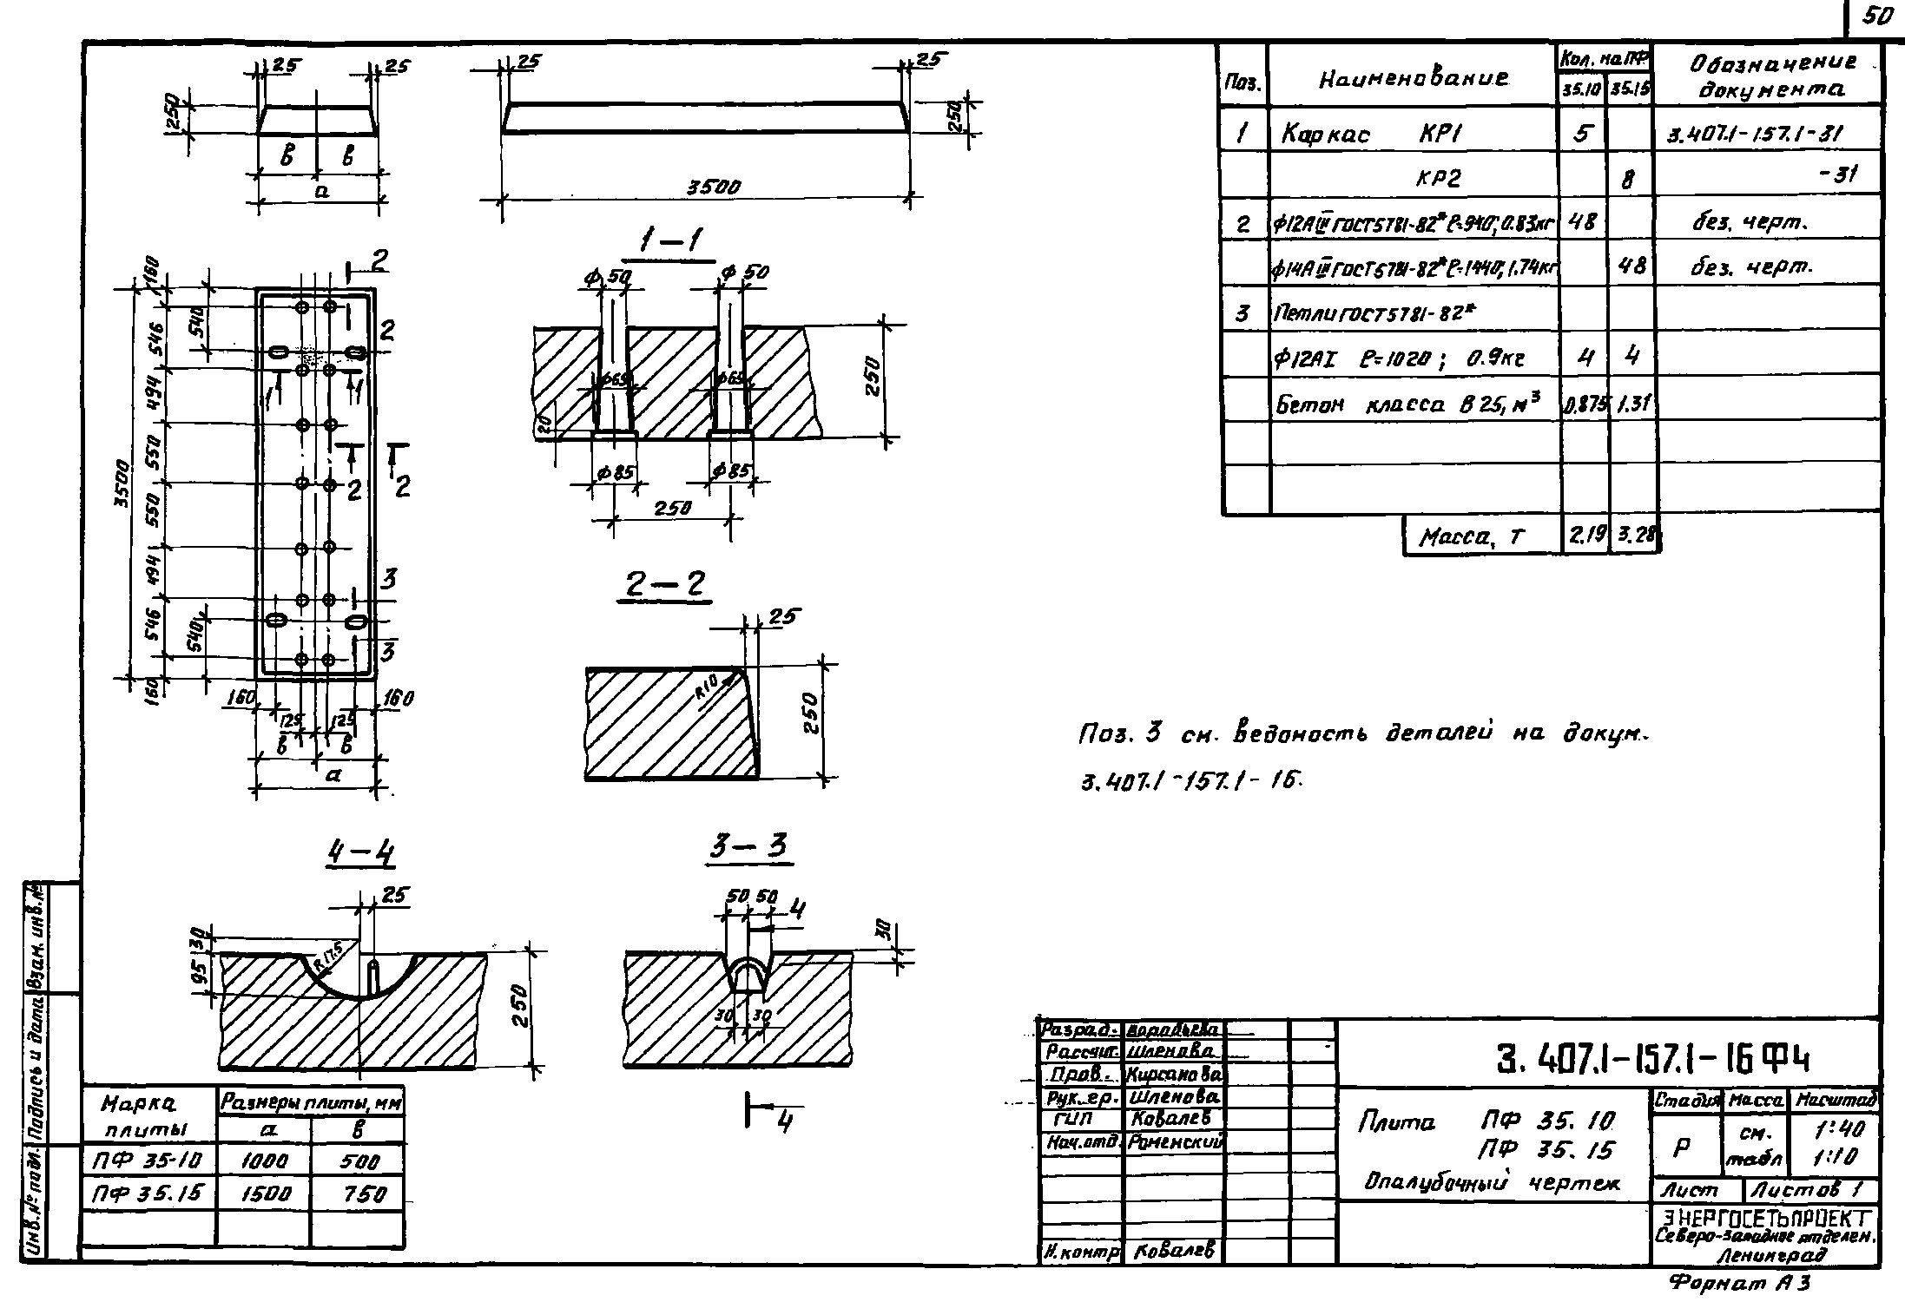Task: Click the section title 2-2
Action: coord(667,586)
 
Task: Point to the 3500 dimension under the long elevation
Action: coord(713,187)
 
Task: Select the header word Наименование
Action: coord(1414,80)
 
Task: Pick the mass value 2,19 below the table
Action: coord(1585,537)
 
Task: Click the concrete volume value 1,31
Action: coord(1632,404)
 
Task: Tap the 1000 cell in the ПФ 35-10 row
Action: coord(264,1161)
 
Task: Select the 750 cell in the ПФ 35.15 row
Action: coord(358,1193)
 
